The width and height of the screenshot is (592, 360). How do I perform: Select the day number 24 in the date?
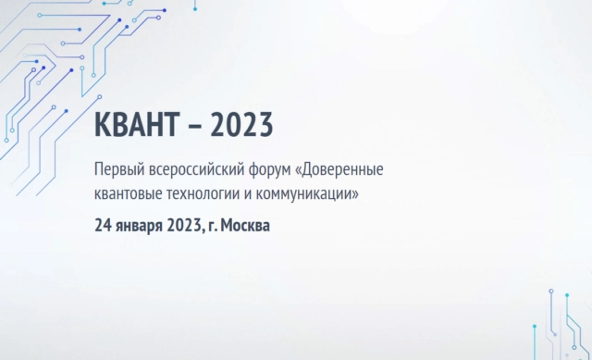[x=103, y=224]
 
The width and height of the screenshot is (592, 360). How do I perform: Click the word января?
[x=139, y=225]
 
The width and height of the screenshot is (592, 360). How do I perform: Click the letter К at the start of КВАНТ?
[x=102, y=125]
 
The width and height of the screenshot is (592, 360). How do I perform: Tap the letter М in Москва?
[x=228, y=224]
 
